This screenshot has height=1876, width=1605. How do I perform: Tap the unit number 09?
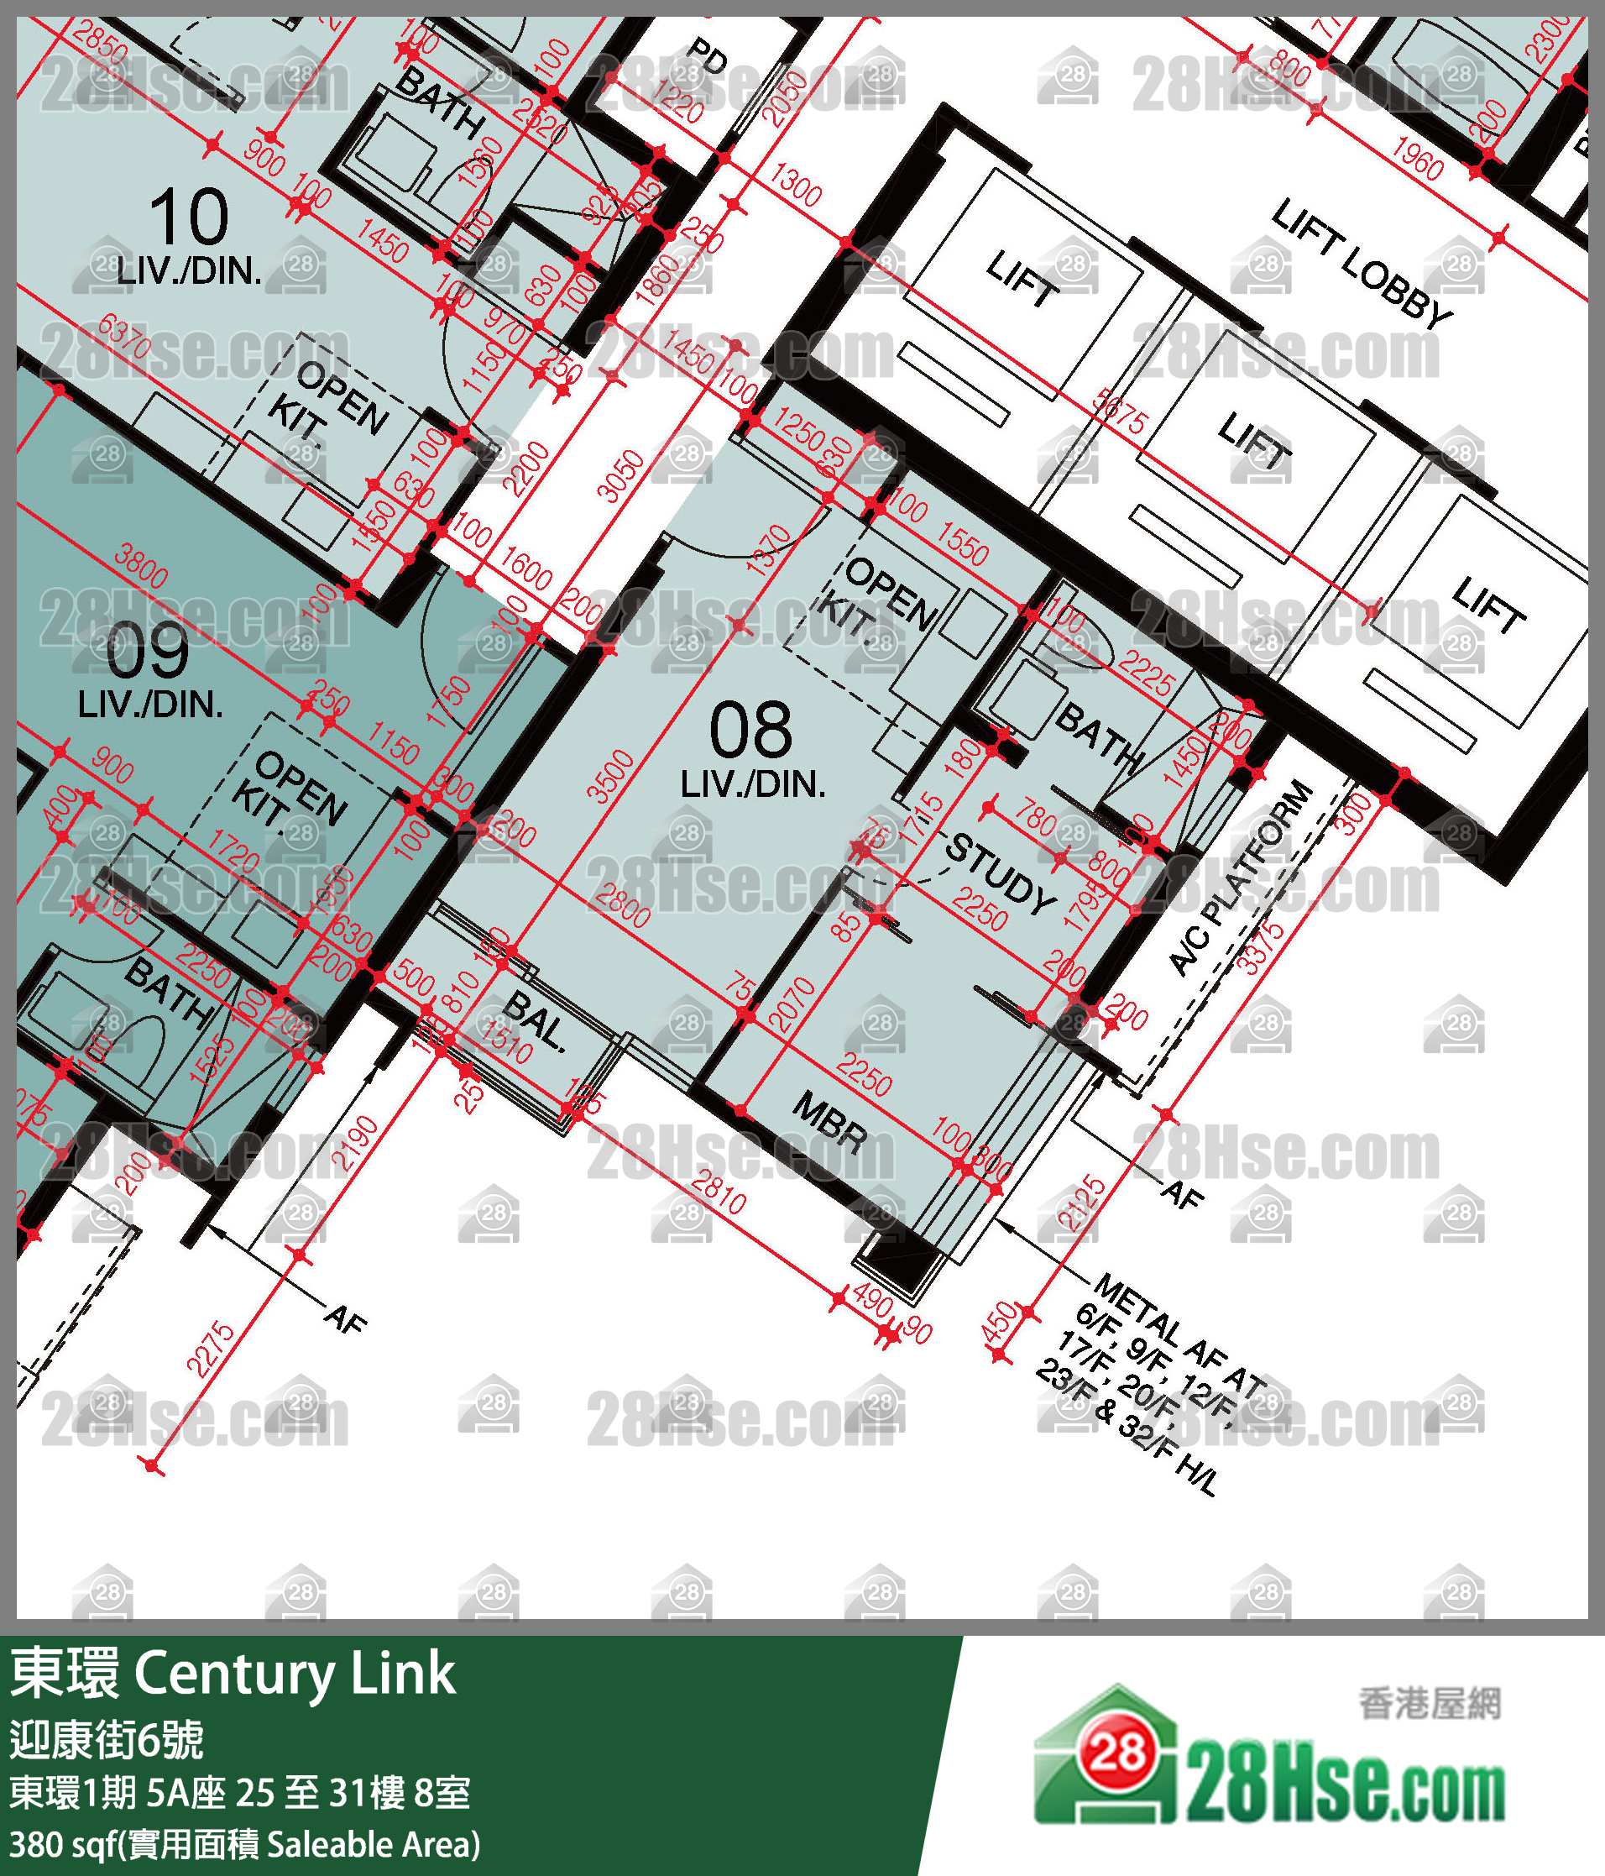click(x=148, y=651)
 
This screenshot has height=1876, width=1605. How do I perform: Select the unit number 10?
click(x=188, y=217)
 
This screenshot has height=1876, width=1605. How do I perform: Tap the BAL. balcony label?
click(x=535, y=1020)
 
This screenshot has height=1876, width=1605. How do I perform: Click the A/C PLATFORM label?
click(x=1240, y=878)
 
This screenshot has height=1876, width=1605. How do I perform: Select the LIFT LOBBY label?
click(x=1362, y=264)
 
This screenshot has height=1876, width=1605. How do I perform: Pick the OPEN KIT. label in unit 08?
click(x=876, y=598)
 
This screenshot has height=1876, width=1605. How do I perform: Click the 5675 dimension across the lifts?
click(x=1119, y=412)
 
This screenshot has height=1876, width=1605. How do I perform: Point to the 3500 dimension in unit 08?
click(x=610, y=776)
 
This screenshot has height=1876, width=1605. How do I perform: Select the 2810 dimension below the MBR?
click(x=718, y=1192)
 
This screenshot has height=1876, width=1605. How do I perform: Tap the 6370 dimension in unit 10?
click(x=124, y=336)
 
